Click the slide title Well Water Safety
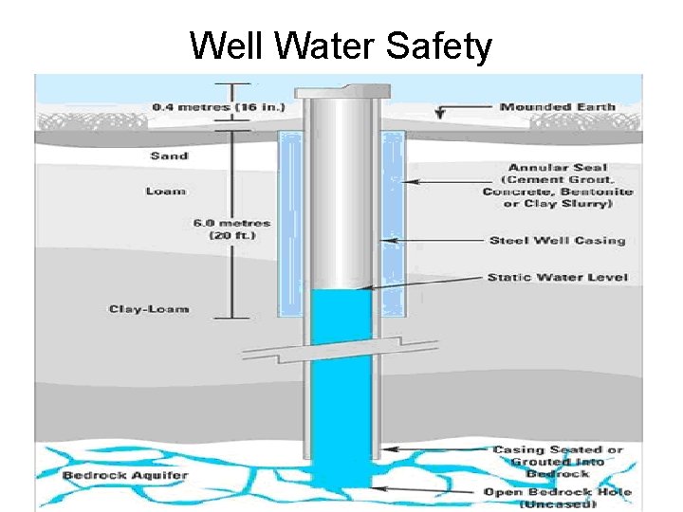pos(341,46)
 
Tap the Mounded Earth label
pos(558,107)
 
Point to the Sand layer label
pos(169,155)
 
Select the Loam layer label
pos(165,191)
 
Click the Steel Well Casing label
pos(557,240)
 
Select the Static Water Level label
pos(557,278)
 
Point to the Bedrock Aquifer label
pos(125,474)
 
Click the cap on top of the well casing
pos(341,91)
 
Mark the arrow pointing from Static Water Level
pos(422,282)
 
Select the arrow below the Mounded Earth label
pos(439,114)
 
